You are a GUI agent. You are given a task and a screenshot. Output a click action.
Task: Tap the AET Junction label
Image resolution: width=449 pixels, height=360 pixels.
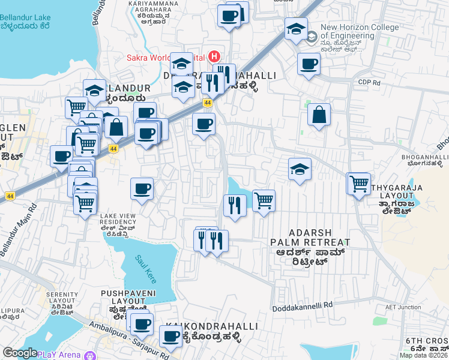tap(403, 307)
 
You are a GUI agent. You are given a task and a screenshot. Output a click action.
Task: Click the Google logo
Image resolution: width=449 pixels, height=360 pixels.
tap(20, 353)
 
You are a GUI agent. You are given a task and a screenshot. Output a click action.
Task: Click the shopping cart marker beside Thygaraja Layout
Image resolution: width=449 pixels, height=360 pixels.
tap(359, 182)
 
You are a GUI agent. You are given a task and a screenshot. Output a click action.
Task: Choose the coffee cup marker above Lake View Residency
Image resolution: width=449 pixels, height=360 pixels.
tap(142, 190)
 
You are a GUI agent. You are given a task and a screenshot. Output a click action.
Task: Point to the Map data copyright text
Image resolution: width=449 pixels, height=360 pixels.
tap(423, 355)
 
